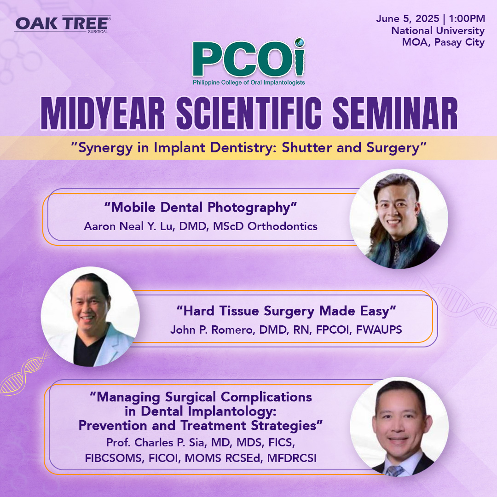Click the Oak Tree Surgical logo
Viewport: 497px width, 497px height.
[x=63, y=24]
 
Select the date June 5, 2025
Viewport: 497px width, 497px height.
[x=408, y=19]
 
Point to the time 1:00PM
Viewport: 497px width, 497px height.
[x=467, y=18]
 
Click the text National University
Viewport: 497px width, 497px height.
[x=438, y=30]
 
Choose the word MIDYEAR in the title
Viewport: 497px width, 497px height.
[x=103, y=114]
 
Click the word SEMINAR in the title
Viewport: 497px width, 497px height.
[x=395, y=114]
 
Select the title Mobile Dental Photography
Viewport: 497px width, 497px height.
[x=201, y=207]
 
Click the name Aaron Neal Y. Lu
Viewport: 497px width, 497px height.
[x=129, y=226]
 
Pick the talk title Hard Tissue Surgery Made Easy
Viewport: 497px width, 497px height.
[x=286, y=311]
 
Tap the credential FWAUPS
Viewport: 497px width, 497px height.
[x=379, y=329]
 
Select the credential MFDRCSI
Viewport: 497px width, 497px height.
[x=292, y=458]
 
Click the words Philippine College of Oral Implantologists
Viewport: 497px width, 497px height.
[x=249, y=82]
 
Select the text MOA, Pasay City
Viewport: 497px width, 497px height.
[x=443, y=42]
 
